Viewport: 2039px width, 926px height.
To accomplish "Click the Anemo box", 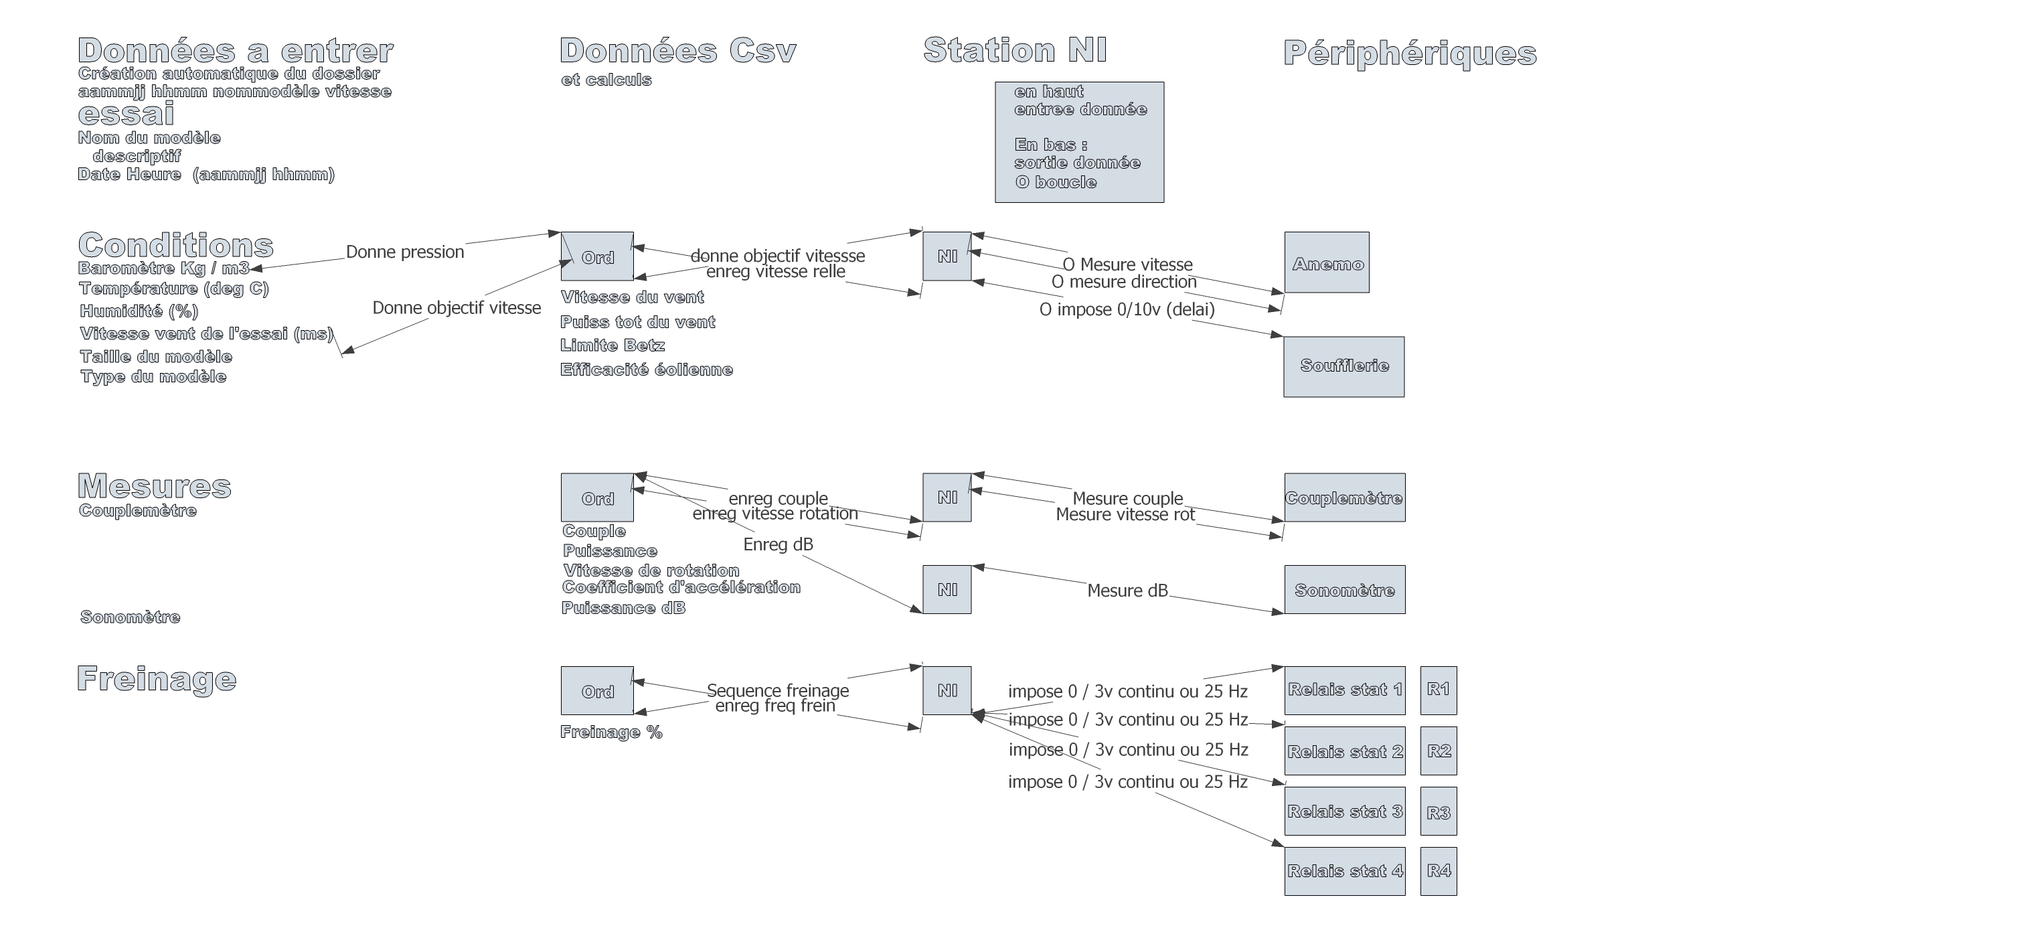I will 1327,262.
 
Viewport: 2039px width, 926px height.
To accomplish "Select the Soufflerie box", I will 1343,366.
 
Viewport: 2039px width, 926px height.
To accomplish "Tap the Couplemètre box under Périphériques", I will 1344,498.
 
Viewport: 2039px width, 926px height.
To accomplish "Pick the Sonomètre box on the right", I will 1344,590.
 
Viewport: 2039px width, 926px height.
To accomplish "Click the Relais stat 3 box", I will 1344,812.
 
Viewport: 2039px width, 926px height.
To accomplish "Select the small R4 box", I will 1439,870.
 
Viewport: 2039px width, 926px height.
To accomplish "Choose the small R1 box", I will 1439,690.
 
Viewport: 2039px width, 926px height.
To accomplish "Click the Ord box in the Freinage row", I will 597,691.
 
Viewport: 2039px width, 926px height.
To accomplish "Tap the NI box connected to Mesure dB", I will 947,590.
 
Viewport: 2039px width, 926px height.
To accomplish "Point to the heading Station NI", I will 1015,51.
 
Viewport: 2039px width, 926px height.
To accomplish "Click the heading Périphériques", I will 1410,53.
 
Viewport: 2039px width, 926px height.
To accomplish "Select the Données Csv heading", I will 677,51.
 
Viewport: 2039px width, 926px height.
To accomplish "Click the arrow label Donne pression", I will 404,252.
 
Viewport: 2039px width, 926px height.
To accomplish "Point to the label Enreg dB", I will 777,544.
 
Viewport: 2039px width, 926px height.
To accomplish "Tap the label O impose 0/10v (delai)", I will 1127,309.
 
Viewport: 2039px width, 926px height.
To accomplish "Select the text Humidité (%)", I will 139,311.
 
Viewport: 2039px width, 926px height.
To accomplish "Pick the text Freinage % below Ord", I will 611,732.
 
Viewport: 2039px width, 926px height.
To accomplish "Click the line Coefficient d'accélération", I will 681,587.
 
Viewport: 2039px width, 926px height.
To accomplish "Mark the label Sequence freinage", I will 777,690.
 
